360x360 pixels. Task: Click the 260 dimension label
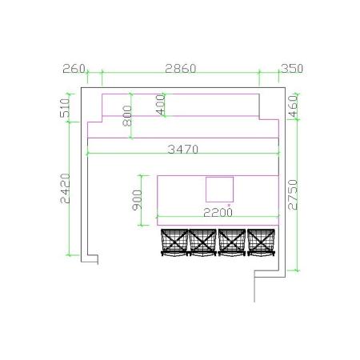pos(74,69)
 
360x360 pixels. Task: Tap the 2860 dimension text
pos(181,69)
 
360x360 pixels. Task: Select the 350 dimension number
pos(292,69)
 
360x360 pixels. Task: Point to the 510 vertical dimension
pos(65,108)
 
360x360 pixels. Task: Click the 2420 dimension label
pos(66,189)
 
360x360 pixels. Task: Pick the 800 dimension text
pos(127,116)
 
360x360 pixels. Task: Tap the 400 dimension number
pos(161,105)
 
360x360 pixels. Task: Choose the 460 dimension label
pos(293,106)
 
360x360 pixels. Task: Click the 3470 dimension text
pos(183,150)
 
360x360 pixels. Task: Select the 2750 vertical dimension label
pos(293,194)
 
